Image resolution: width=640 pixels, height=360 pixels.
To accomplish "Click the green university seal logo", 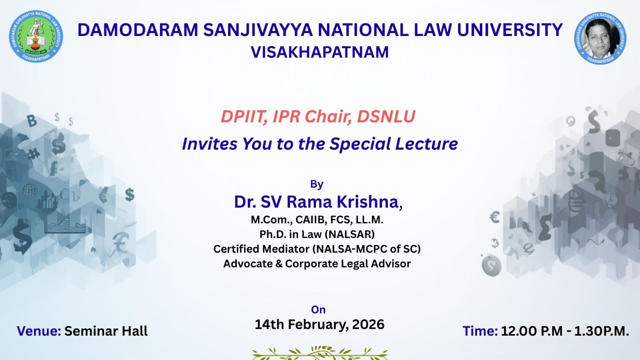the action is [36, 36].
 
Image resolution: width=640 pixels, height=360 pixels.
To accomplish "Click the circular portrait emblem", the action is [600, 38].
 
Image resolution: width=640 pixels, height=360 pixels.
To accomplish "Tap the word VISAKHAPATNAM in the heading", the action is [320, 52].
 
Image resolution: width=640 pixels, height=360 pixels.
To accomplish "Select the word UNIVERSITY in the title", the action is [510, 30].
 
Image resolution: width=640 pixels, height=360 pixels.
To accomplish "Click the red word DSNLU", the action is [386, 116].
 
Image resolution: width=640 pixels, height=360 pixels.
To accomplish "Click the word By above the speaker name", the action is [316, 184].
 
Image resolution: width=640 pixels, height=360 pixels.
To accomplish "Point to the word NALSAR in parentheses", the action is [350, 234].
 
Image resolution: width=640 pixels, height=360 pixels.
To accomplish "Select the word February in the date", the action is [318, 325].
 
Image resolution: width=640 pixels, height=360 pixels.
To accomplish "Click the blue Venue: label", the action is [39, 331].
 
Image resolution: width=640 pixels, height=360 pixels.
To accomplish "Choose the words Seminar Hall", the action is [106, 331].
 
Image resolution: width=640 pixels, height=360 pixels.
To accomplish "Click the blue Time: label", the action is [480, 331].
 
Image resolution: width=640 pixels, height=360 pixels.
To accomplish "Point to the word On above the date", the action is [318, 310].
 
